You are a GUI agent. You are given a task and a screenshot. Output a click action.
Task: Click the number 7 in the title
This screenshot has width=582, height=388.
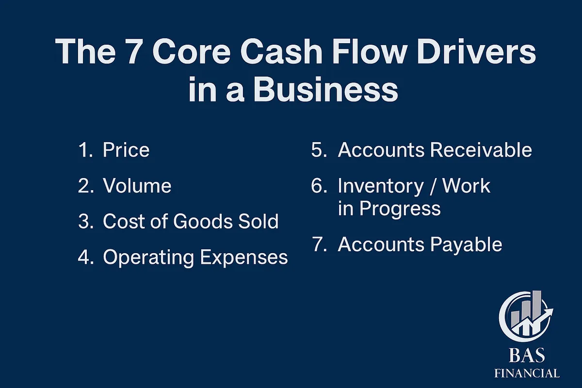coord(134,51)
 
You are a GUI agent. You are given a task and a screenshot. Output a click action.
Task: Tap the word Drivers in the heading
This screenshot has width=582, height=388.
coord(476,51)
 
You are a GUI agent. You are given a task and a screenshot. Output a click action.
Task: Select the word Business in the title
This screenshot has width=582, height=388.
coord(325,89)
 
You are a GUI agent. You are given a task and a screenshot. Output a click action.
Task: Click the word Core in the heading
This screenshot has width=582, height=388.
coord(191,51)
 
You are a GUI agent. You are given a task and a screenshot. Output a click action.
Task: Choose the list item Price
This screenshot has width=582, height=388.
coord(126,150)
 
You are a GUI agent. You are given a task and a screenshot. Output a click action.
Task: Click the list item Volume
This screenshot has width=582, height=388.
coord(137,186)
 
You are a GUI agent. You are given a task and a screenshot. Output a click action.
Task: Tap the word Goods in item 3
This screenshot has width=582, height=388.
coord(202,222)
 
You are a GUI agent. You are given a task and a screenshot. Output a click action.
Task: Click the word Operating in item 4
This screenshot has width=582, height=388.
coord(148,258)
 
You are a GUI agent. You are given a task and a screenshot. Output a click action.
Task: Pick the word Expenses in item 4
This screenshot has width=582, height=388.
coord(243,258)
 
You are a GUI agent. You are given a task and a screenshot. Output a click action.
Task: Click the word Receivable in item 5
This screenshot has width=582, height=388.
coord(481,150)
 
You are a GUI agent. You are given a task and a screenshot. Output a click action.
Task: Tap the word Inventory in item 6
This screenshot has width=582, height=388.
coord(381,186)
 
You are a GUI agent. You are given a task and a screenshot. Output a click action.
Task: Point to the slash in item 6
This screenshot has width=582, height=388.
coord(432,186)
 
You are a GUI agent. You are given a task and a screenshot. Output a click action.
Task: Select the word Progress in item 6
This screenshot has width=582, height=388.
coord(400,209)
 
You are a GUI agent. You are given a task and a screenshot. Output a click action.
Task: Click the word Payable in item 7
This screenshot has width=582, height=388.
coord(466,245)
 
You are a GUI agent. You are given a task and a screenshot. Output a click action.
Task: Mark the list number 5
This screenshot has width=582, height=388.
coord(319,150)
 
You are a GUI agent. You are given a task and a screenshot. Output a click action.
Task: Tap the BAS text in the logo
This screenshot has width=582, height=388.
coord(527,355)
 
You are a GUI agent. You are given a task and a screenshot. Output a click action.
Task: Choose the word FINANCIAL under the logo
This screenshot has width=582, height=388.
coord(527,373)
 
